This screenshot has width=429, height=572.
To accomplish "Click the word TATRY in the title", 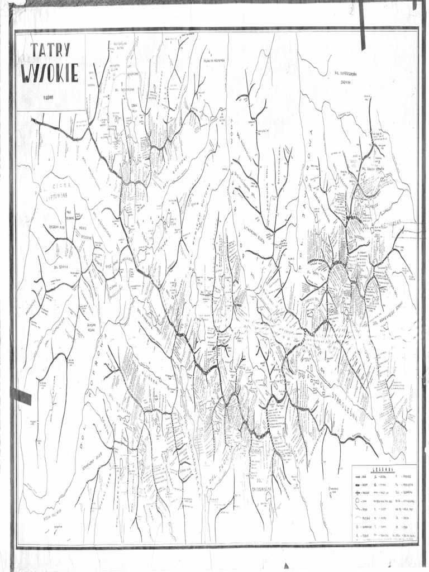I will click(50, 50).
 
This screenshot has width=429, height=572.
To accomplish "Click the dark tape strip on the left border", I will click(21, 396).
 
